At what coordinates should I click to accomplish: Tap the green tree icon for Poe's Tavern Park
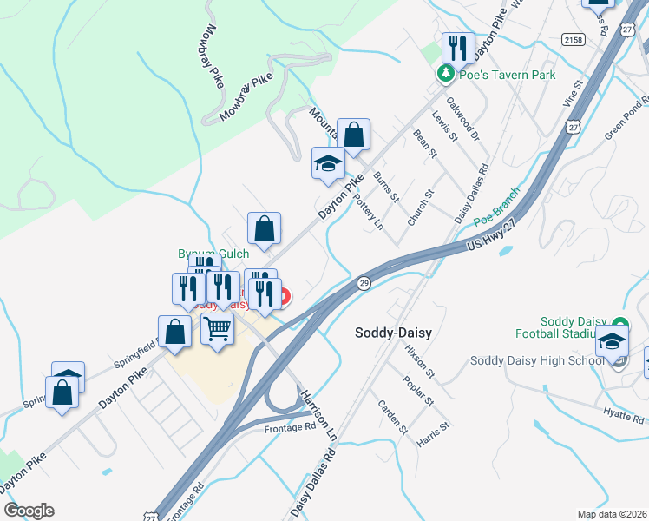coord(446,74)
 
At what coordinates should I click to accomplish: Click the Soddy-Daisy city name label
coord(394,333)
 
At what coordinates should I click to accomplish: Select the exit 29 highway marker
coord(364,284)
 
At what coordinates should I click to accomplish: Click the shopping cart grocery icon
coord(217,329)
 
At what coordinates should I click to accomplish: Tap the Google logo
coord(29,511)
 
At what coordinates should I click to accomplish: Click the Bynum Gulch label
coord(213,254)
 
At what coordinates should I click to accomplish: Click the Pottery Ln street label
coord(369,211)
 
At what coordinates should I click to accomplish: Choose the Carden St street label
coord(392,417)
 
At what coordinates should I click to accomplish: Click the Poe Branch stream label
coord(496,212)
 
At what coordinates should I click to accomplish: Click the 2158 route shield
coord(573,40)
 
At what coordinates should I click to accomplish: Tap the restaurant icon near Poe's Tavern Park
coord(458,47)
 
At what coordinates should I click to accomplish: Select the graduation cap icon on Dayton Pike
coord(328,163)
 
